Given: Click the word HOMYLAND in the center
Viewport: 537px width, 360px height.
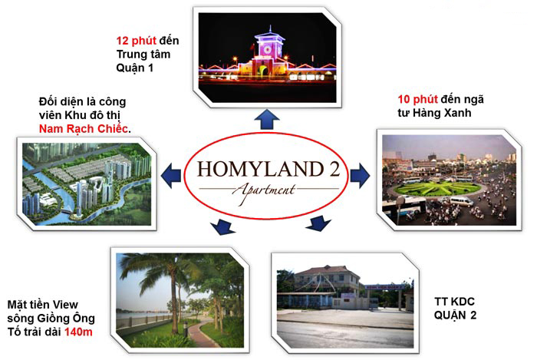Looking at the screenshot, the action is tap(260, 169).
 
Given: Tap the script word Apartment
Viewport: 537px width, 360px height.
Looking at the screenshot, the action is tap(264, 192).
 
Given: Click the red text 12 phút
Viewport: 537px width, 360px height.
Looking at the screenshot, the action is tap(136, 41).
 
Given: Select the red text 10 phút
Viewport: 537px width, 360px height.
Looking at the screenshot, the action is tap(417, 99).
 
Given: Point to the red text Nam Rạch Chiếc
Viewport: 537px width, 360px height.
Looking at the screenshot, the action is tap(84, 129).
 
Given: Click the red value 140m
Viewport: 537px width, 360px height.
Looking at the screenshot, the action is tap(78, 332).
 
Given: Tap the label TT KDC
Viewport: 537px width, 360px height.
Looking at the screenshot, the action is tap(454, 302).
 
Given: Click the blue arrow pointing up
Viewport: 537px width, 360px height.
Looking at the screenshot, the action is tap(267, 120).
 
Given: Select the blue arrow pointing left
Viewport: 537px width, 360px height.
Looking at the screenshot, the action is tap(171, 175).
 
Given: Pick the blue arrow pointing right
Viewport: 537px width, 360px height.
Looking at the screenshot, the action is tap(360, 175).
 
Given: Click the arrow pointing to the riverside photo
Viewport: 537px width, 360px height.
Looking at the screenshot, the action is tap(222, 226).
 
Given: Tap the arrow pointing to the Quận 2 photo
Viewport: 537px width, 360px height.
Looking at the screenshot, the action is tap(318, 223).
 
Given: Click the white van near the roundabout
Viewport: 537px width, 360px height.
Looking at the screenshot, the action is tap(461, 201).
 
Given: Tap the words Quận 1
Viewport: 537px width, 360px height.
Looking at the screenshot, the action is tap(134, 68).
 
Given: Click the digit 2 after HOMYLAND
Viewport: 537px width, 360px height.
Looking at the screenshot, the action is tap(335, 169).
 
